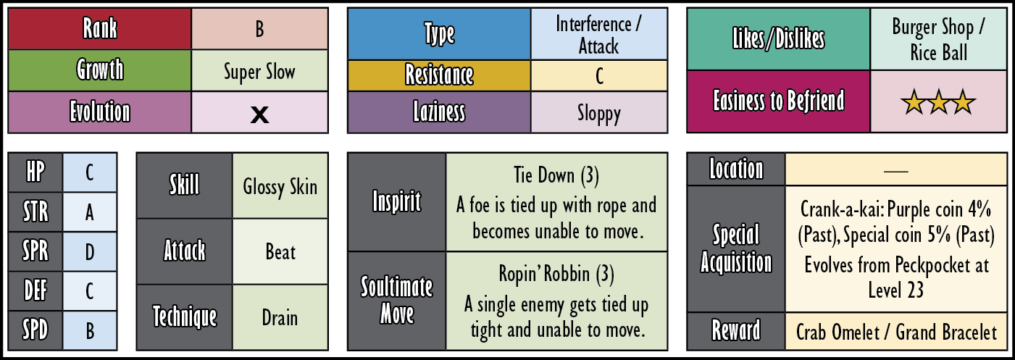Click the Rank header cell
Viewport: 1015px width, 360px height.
pos(100,28)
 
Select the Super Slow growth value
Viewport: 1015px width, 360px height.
pos(259,72)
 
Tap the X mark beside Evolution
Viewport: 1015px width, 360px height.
pos(259,114)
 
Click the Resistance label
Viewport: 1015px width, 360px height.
pos(439,75)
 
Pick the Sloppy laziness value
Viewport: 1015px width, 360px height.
pos(599,113)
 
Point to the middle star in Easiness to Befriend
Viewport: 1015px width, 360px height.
pos(938,102)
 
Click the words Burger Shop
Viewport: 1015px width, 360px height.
pos(933,28)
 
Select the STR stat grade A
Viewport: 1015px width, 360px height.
pos(90,212)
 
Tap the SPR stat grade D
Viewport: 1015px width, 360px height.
pos(90,252)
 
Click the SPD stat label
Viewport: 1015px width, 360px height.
pos(35,330)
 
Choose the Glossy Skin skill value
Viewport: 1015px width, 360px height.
pos(280,187)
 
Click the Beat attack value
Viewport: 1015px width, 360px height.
pos(280,252)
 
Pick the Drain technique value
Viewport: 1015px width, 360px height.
pos(280,317)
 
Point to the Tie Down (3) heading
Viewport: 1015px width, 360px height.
pos(556,175)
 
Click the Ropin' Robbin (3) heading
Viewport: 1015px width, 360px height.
pos(556,274)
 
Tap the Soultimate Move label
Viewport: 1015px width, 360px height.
pos(396,300)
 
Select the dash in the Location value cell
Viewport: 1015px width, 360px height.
pos(896,172)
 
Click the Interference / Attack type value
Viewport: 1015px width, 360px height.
pos(598,35)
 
